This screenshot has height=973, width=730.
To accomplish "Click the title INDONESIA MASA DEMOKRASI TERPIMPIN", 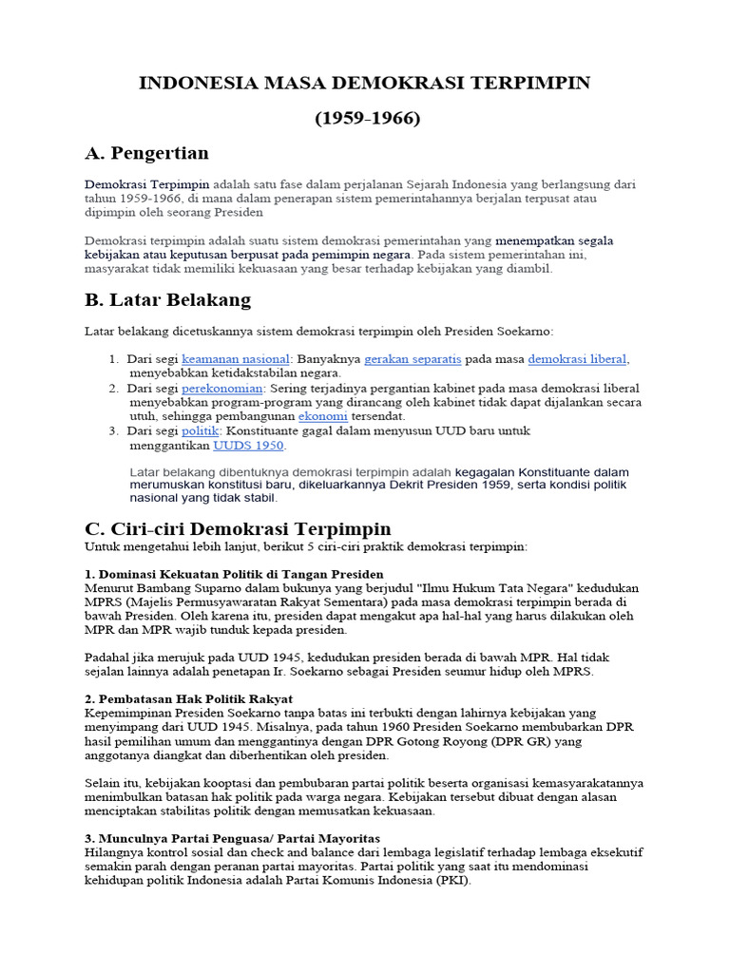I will pyautogui.click(x=365, y=84).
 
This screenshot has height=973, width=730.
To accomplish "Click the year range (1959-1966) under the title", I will pyautogui.click(x=367, y=119).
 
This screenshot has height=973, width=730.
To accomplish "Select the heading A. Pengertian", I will pyautogui.click(x=146, y=153).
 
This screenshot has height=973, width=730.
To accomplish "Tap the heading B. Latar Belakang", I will pyautogui.click(x=167, y=300).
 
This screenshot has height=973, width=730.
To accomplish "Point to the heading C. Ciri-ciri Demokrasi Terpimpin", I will pyautogui.click(x=238, y=528).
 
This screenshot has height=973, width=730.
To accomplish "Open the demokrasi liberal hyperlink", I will pyautogui.click(x=578, y=359).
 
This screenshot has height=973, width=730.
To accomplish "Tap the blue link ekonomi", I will pyautogui.click(x=322, y=416).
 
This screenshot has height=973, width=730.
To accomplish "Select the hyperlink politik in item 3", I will pyautogui.click(x=199, y=430).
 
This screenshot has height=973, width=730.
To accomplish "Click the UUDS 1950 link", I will pyautogui.click(x=248, y=445).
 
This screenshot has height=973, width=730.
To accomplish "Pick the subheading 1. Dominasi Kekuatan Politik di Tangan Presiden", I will pyautogui.click(x=234, y=574).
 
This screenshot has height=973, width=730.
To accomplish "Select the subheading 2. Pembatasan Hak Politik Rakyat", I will pyautogui.click(x=188, y=698).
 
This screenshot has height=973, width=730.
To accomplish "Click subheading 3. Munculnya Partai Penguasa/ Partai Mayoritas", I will pyautogui.click(x=232, y=838).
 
